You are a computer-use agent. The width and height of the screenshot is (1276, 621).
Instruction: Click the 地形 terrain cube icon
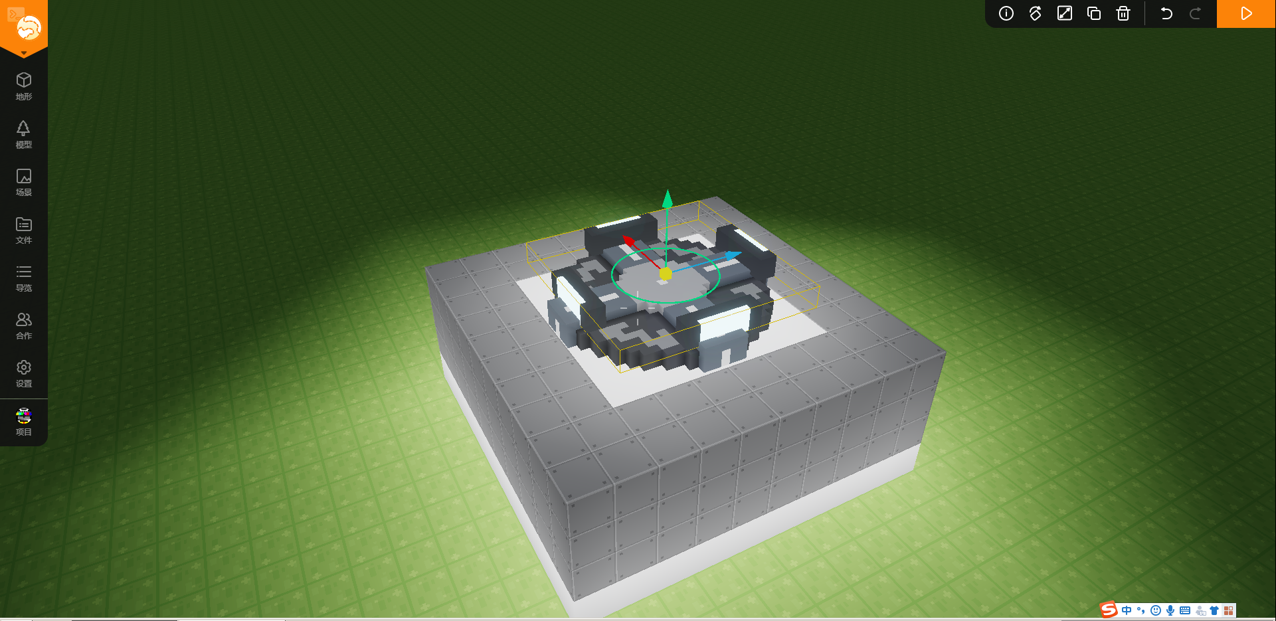(24, 80)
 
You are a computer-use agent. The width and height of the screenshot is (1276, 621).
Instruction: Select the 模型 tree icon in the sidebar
(24, 128)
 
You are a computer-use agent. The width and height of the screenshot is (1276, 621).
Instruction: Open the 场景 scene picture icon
(24, 176)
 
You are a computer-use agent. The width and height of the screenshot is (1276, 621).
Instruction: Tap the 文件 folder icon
(24, 224)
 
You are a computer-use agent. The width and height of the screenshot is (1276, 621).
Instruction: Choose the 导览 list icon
(24, 272)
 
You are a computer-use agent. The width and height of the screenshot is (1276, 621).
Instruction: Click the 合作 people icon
(24, 319)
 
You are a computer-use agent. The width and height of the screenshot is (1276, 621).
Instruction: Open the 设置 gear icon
(24, 367)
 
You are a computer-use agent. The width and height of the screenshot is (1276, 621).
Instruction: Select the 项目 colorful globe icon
(24, 416)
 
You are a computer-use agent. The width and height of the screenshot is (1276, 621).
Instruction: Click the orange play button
(1246, 13)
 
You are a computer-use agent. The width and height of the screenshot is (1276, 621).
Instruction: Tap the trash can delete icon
(1123, 13)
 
